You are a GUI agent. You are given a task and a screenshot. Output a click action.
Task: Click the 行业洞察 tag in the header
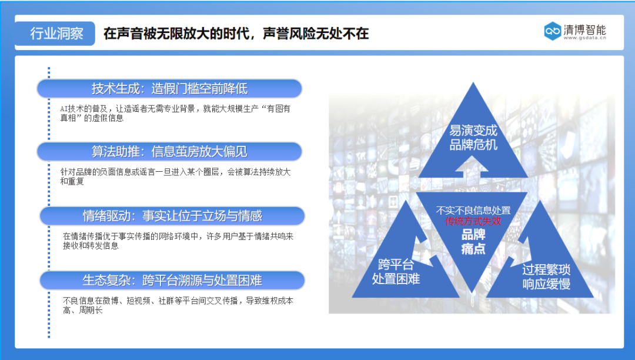pyautogui.click(x=56, y=34)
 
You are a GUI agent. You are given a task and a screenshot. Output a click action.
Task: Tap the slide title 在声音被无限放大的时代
pyautogui.click(x=236, y=34)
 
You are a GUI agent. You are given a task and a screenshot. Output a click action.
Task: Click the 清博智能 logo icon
pyautogui.click(x=552, y=31)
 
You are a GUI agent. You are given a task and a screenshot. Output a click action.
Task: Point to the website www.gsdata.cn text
pyautogui.click(x=585, y=39)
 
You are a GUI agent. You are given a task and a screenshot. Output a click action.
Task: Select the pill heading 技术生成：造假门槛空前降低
pyautogui.click(x=169, y=89)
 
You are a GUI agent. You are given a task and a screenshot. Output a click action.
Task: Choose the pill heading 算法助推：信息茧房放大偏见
pyautogui.click(x=169, y=152)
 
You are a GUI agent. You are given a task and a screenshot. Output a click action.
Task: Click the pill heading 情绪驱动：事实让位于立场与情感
pyautogui.click(x=172, y=216)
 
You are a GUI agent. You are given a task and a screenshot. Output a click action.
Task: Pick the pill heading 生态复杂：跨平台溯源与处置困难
pyautogui.click(x=172, y=280)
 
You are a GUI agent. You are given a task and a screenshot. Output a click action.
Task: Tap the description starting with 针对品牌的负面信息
pyautogui.click(x=175, y=176)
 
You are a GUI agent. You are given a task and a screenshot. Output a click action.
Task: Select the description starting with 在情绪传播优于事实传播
pyautogui.click(x=178, y=241)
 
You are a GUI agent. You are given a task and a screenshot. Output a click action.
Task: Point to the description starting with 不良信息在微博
pyautogui.click(x=178, y=305)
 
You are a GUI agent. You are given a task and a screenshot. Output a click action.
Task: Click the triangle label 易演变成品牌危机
pyautogui.click(x=473, y=137)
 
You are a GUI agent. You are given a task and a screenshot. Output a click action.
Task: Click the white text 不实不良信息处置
pyautogui.click(x=473, y=210)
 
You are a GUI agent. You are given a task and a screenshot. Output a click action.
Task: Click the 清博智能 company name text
pyautogui.click(x=584, y=29)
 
